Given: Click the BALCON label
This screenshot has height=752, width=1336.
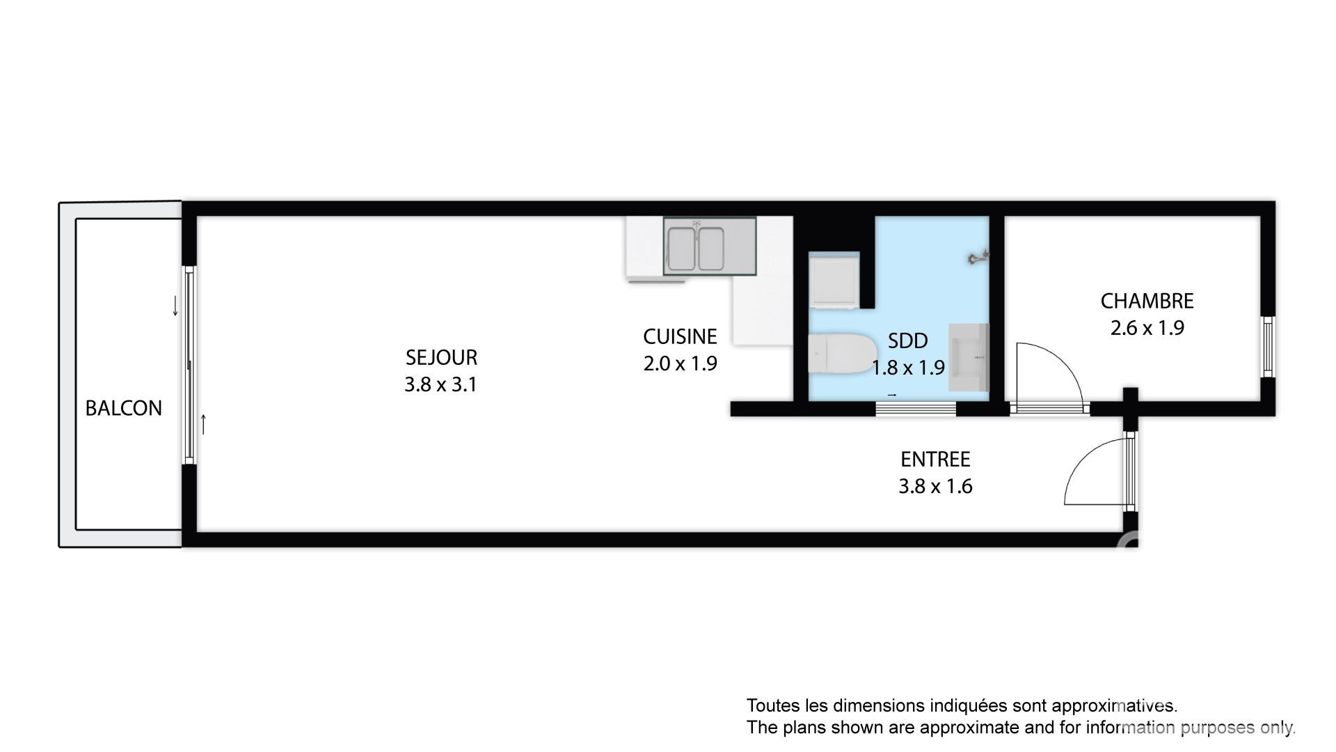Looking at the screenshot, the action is tap(123, 408).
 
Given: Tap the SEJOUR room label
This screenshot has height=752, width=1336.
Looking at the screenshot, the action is tap(441, 357).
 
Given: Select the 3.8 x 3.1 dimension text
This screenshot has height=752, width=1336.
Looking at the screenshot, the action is tap(441, 384).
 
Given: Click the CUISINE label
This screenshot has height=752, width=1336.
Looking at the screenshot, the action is tap(680, 336).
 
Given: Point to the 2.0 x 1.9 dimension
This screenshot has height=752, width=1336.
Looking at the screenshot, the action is tap(680, 363).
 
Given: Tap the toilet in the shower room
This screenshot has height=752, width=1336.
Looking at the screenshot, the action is tap(841, 354).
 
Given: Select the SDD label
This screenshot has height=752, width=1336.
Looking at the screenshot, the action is tap(908, 340).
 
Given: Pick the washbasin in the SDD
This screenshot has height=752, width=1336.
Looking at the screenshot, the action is tap(969, 357).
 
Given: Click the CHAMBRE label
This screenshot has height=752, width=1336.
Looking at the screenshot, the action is tap(1147, 301).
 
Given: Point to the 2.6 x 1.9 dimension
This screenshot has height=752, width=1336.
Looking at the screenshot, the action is tap(1147, 328).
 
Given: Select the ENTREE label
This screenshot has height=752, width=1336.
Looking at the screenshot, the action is tap(935, 460).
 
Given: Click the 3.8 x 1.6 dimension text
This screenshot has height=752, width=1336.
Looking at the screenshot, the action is tap(935, 486).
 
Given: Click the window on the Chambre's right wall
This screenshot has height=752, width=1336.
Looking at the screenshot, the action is tap(1268, 347).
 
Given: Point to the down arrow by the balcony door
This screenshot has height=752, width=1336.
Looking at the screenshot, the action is tap(175, 306).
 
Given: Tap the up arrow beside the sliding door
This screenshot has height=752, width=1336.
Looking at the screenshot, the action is tap(203, 424).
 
